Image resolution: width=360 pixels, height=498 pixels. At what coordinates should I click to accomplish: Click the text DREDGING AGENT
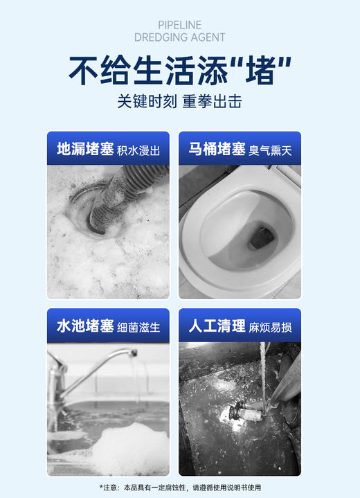180,37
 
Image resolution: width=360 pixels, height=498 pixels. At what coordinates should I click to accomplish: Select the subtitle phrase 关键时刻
147,101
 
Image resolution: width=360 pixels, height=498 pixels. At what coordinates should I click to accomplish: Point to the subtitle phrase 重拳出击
212,101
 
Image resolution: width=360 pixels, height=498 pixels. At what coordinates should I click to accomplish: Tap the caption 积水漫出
138,150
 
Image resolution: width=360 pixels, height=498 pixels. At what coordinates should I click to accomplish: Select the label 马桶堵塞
217,148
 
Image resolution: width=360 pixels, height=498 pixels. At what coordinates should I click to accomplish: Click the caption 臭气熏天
271,150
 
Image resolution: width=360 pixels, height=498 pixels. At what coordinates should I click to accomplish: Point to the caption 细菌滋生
138,327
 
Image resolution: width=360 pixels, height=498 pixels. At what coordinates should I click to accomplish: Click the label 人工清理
217,326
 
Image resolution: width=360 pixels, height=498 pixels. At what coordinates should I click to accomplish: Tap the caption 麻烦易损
271,327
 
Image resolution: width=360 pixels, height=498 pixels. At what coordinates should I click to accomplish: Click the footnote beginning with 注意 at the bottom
180,487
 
